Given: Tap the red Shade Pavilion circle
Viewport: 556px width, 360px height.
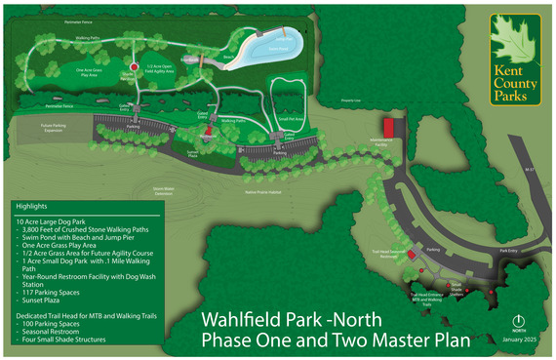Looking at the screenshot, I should pyautogui.click(x=134, y=67).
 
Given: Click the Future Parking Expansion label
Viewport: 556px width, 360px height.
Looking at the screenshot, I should pyautogui.click(x=60, y=128).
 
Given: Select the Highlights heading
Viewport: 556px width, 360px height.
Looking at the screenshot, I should pyautogui.click(x=31, y=207).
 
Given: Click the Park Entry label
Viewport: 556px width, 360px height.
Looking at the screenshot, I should pyautogui.click(x=507, y=250).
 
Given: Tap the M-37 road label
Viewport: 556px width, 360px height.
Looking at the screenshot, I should pyautogui.click(x=531, y=169).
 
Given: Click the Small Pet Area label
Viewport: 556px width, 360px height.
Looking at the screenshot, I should pyautogui.click(x=292, y=118).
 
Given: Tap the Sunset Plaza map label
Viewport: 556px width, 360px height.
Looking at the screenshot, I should pyautogui.click(x=192, y=155).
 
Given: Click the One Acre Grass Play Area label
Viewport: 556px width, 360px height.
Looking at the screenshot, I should pyautogui.click(x=67, y=71).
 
